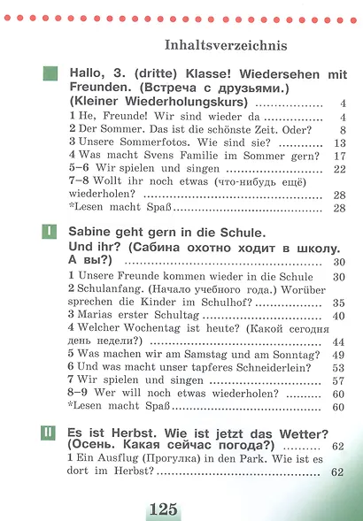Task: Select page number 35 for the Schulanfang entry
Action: [x=338, y=303]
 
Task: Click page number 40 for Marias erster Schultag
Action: [x=338, y=316]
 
